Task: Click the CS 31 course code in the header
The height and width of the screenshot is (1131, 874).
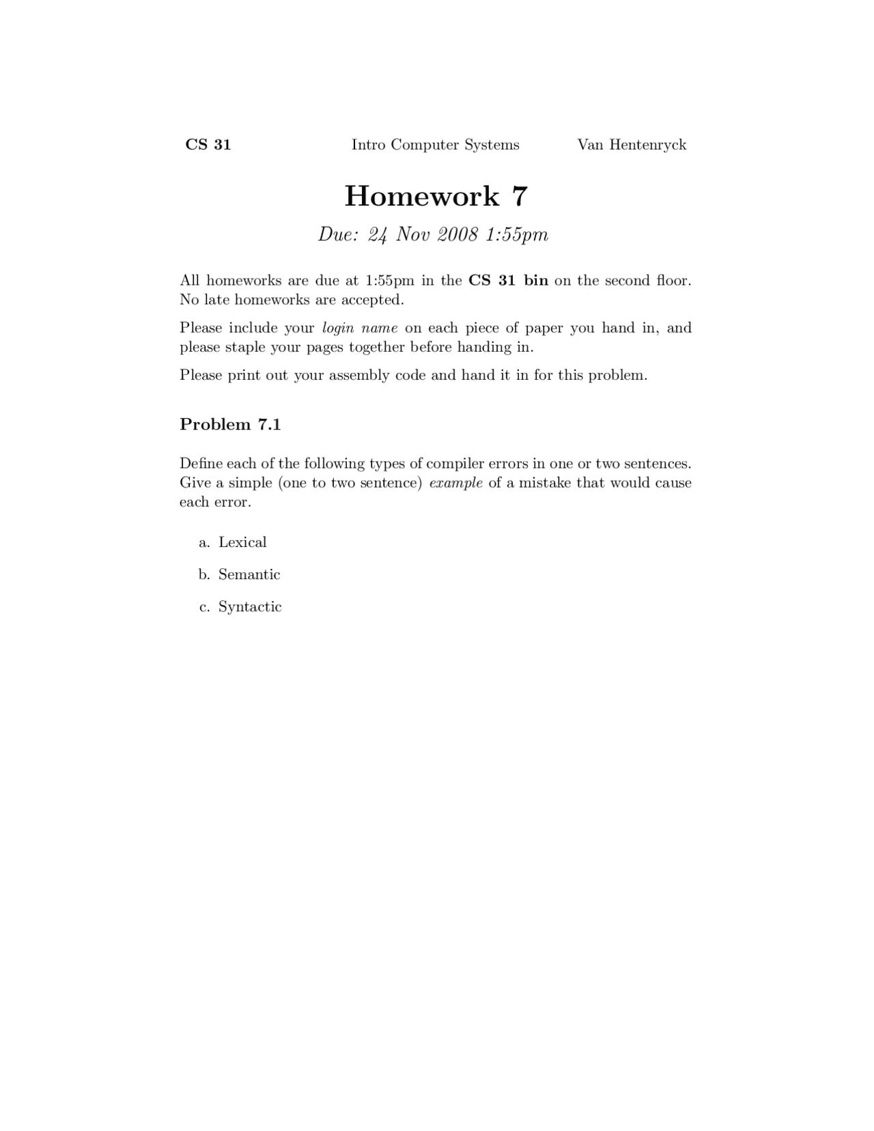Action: coord(208,145)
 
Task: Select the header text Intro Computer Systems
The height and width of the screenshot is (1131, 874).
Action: coord(435,145)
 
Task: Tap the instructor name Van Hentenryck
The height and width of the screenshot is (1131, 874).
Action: coord(632,145)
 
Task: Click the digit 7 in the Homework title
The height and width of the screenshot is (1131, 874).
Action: coord(519,197)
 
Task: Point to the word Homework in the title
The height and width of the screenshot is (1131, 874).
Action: coord(422,197)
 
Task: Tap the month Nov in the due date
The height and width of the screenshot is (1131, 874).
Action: coord(412,235)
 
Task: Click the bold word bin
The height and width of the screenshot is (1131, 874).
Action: coord(536,281)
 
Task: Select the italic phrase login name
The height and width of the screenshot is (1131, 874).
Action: coord(359,328)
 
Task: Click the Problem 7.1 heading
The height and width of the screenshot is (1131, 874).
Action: coord(230,424)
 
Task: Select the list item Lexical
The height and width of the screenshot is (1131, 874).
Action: coord(242,542)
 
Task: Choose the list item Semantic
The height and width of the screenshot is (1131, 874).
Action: coord(249,574)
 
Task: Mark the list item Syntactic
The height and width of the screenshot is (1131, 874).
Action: coord(250,607)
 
